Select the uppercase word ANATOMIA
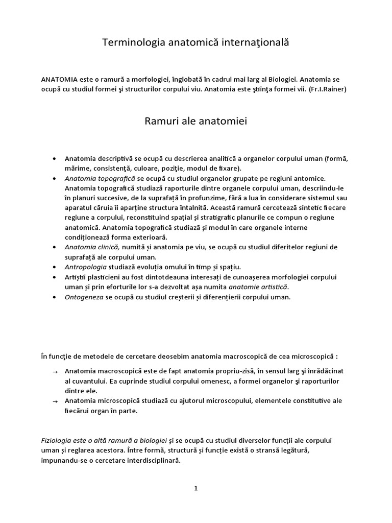(x=59, y=80)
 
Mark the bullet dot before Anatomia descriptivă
(x=55, y=159)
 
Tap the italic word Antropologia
(x=85, y=267)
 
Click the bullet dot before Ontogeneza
(x=55, y=297)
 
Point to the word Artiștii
(x=77, y=277)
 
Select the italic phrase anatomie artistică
(x=258, y=287)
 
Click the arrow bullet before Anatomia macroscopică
(x=55, y=372)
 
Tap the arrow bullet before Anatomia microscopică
(x=55, y=402)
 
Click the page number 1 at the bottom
(x=195, y=488)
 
